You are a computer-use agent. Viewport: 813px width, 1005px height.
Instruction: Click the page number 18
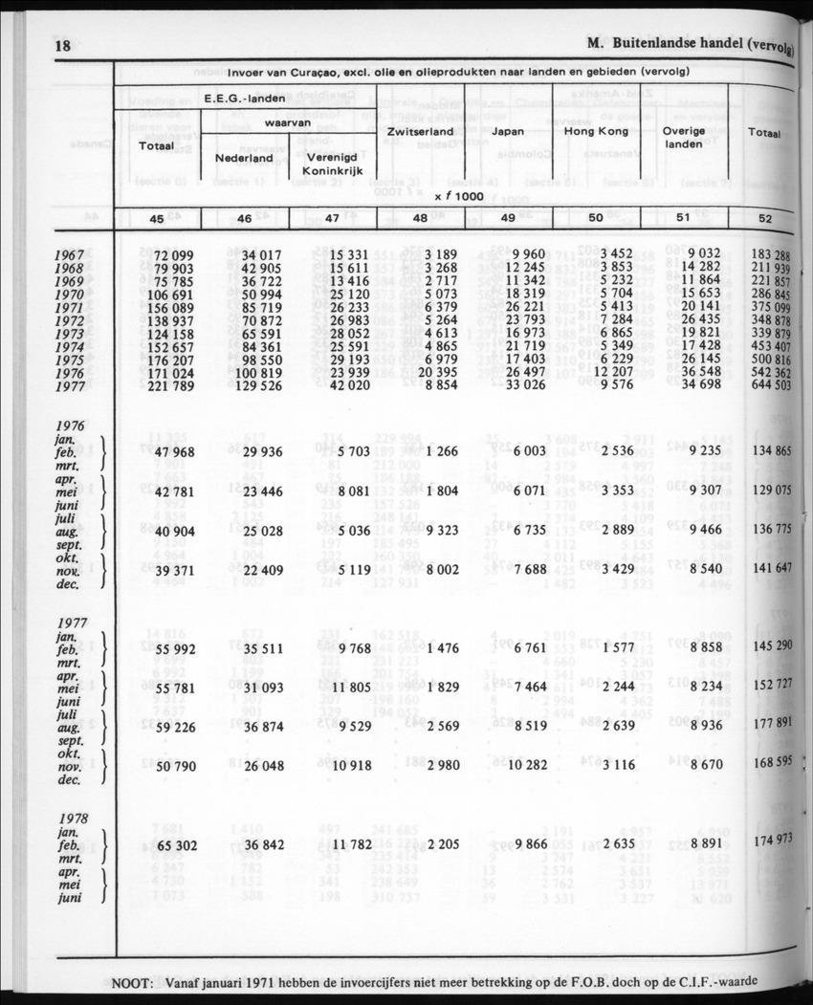point(68,46)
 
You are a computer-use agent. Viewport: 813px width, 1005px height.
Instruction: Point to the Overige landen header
point(684,137)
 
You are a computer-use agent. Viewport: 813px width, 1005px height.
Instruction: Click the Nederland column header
point(244,157)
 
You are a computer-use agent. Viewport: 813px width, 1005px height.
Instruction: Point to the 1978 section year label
point(74,819)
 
